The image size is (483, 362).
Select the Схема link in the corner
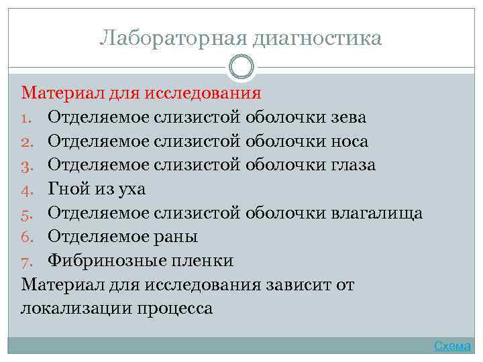(x=452, y=346)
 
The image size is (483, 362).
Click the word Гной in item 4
(x=68, y=190)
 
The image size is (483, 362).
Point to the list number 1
(x=27, y=118)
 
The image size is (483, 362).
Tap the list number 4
(x=28, y=190)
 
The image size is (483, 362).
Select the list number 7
(x=28, y=261)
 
